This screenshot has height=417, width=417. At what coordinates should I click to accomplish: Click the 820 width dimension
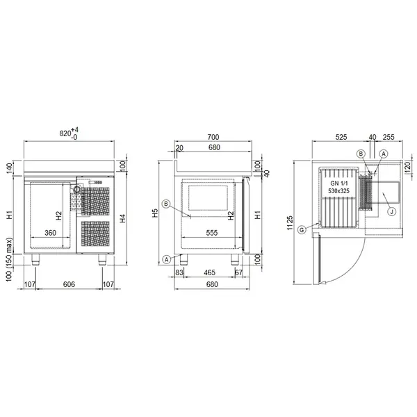[69, 133]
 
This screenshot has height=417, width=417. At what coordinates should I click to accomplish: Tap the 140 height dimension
[9, 168]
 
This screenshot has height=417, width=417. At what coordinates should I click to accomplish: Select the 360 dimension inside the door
[50, 233]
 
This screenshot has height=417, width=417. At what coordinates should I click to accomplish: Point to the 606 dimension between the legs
[69, 284]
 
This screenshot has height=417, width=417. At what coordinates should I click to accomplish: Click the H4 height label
[122, 218]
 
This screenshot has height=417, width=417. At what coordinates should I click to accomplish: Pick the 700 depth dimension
[213, 137]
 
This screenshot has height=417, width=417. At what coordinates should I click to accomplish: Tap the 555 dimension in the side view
[212, 233]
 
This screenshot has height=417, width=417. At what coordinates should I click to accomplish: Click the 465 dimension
[210, 272]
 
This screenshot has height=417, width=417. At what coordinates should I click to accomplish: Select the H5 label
[155, 213]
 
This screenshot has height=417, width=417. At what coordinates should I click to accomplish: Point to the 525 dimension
[341, 137]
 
